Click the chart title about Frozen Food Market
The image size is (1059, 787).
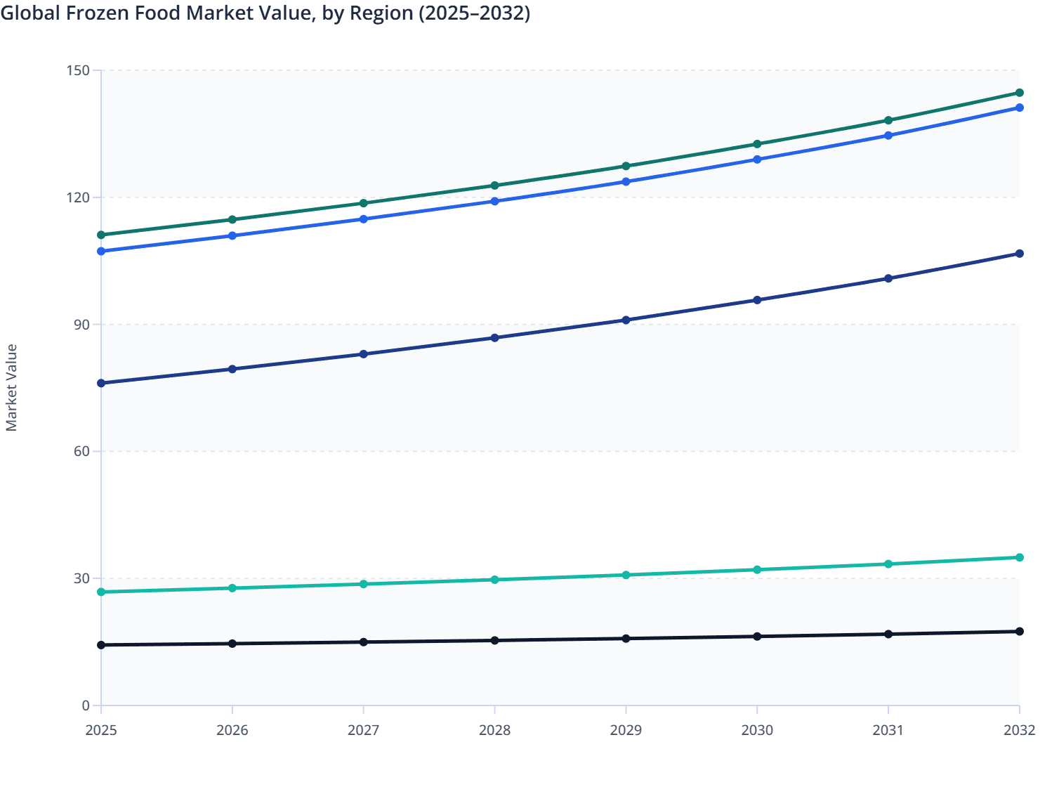coord(265,13)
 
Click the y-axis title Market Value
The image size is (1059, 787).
coord(11,387)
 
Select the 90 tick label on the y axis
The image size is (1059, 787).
coord(83,325)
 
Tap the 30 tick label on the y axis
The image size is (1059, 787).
coord(83,578)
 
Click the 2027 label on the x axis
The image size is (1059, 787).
coord(363,730)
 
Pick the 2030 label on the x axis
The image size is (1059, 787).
coord(757,730)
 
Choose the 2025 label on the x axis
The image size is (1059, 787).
coord(101,730)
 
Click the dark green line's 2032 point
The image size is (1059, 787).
coord(1019,93)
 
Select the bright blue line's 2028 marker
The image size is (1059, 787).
coord(494,201)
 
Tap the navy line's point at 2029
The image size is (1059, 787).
coord(626,320)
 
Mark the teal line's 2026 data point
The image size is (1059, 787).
coord(232,588)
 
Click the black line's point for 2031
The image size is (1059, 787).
coord(888,634)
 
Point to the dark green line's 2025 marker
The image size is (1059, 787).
coord(101,235)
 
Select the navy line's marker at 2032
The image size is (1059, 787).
coord(1019,254)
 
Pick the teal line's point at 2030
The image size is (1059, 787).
coord(757,570)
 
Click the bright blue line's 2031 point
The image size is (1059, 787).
coord(888,135)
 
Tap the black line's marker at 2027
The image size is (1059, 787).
coord(363,642)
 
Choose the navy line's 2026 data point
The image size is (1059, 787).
coord(232,369)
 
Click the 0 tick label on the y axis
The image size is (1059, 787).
coord(86,705)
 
